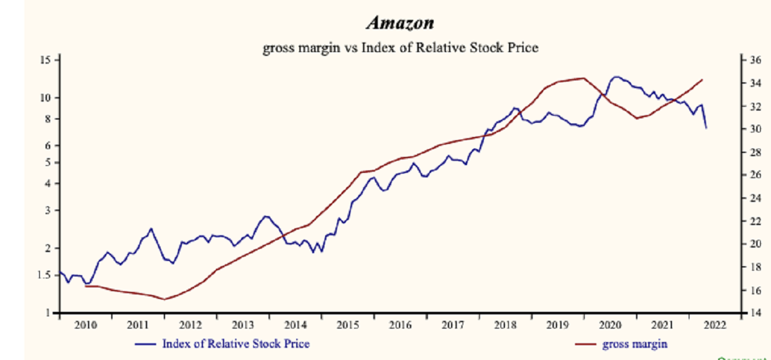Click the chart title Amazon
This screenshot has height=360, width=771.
[x=400, y=24]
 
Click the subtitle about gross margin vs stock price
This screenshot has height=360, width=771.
[x=400, y=48]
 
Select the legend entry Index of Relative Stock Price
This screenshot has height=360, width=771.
[x=236, y=344]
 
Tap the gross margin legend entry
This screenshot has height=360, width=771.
[x=635, y=344]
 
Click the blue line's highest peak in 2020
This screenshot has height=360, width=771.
[x=617, y=76]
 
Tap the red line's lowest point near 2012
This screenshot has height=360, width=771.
[x=164, y=299]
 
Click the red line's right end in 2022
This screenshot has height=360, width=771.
[x=703, y=80]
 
